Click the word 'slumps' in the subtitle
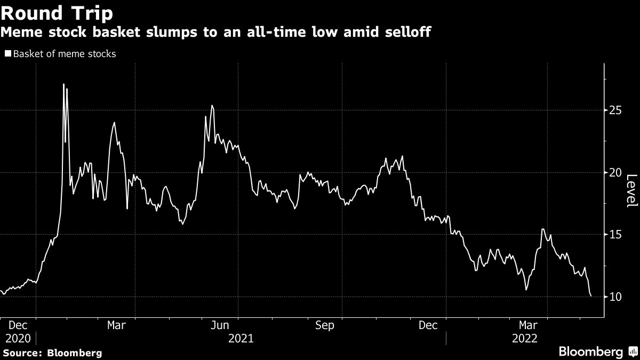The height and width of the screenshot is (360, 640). pos(173,33)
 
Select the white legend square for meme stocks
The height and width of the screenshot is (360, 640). pos(8,54)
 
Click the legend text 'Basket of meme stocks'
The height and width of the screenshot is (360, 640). pos(65,54)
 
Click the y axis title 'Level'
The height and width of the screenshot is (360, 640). pos(631,190)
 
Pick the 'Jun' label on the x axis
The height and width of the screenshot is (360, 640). pos(221,325)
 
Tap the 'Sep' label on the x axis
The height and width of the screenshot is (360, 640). pos(324,325)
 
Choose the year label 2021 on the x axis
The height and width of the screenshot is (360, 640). pos(241,339)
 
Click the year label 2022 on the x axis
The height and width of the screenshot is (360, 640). pos(525,339)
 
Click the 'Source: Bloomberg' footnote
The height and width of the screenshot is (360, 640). pos(52,353)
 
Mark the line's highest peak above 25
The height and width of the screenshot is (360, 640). pos(63,84)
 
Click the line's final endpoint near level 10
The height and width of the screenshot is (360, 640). pos(591,296)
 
